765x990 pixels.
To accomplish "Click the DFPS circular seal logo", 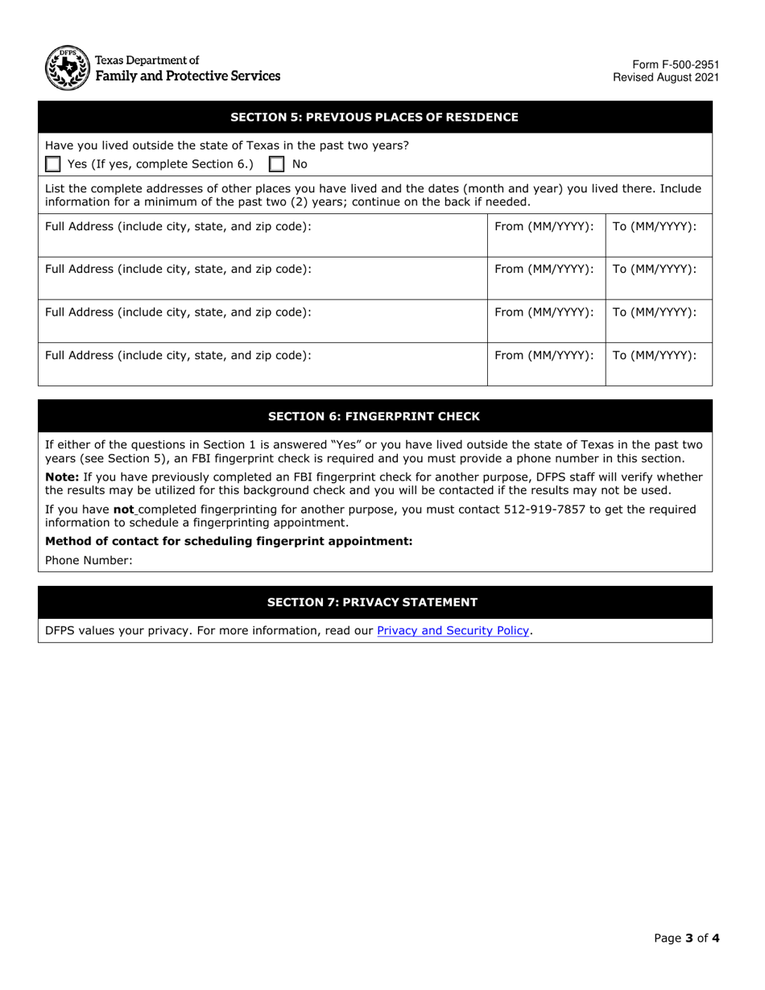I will click(x=67, y=68).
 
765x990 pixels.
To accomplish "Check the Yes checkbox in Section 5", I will click(x=53, y=164).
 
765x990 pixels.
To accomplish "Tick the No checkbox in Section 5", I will click(x=276, y=164).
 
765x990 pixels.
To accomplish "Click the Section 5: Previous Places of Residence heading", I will click(x=374, y=118).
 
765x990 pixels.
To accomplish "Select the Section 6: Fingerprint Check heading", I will click(x=374, y=416).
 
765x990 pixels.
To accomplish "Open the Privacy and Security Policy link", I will click(x=453, y=630).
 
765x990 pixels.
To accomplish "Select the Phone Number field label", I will click(x=89, y=560).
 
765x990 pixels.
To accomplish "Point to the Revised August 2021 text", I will click(x=666, y=78).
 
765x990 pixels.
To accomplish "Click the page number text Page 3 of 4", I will click(x=687, y=938).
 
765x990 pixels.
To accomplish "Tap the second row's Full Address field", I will click(x=262, y=278).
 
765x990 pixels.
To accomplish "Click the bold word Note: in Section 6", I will click(x=62, y=477).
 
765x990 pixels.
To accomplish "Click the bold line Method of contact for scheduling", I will click(x=229, y=541).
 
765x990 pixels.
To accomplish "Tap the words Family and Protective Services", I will click(x=188, y=76).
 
